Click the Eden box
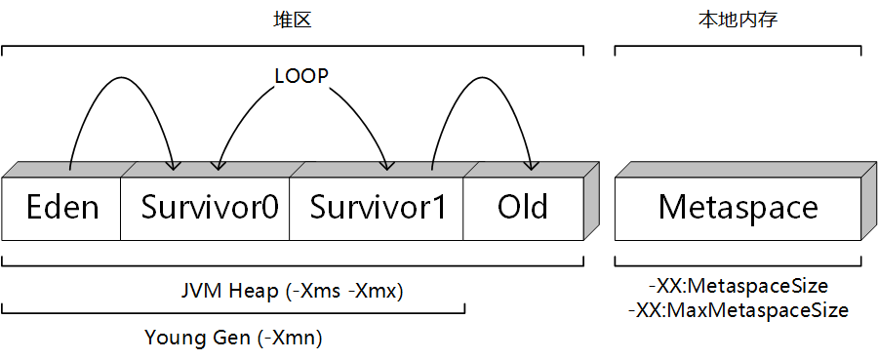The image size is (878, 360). click(61, 208)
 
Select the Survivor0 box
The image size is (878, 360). click(209, 208)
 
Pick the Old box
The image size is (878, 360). click(522, 208)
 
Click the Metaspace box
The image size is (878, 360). click(738, 208)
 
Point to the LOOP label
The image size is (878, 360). click(300, 76)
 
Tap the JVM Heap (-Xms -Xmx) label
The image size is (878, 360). click(292, 291)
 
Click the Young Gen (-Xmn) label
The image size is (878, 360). click(233, 339)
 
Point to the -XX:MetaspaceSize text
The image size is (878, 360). click(739, 287)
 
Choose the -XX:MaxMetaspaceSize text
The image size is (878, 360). click(739, 310)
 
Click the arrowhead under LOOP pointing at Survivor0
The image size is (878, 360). click(217, 164)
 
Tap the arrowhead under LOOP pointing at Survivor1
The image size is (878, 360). click(387, 164)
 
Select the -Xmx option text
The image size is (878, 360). click(378, 291)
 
